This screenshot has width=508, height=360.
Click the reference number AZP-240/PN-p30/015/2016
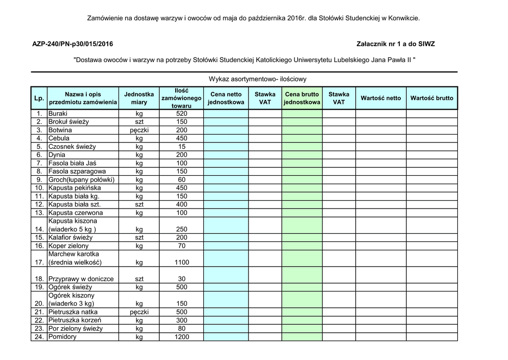point(72,44)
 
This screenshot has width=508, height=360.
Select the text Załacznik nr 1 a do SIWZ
point(395,44)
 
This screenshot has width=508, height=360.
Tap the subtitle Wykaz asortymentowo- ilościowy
point(257,79)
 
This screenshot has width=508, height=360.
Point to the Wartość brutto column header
point(432,98)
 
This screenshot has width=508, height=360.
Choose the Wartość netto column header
point(381,98)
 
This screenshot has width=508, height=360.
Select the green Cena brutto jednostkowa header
point(302,98)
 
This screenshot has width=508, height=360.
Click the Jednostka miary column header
point(139,98)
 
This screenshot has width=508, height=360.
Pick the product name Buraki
point(58,114)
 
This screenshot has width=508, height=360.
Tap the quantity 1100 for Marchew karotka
point(182,262)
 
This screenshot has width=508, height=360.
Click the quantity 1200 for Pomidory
point(182,337)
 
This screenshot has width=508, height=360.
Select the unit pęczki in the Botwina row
point(139,130)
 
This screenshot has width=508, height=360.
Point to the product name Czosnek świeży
point(72,147)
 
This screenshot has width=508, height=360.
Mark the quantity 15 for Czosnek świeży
point(182,147)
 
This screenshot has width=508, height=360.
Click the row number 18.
point(39,279)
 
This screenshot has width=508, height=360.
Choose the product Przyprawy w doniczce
point(81,279)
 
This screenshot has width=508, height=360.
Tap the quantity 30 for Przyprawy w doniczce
point(182,279)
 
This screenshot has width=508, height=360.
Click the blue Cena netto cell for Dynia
point(226,155)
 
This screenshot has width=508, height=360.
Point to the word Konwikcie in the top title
point(405,18)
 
